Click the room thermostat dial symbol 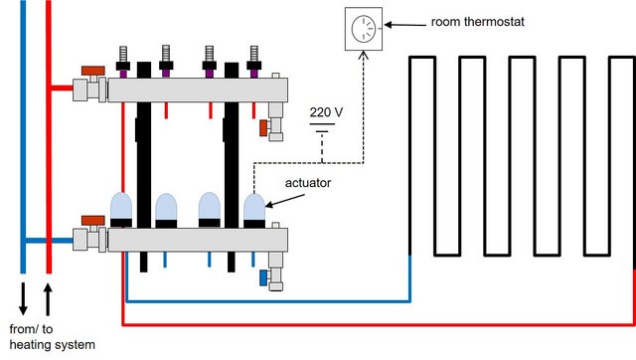pos(364,29)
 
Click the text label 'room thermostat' pos(477,22)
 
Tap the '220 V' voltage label pos(326,112)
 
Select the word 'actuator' pos(308,183)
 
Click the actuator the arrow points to pos(254,210)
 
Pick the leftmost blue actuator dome pos(121,209)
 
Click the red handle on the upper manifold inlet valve pos(93,71)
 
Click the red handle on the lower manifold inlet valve pos(93,221)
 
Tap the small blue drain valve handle pos(263,278)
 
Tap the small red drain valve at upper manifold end pos(263,128)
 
